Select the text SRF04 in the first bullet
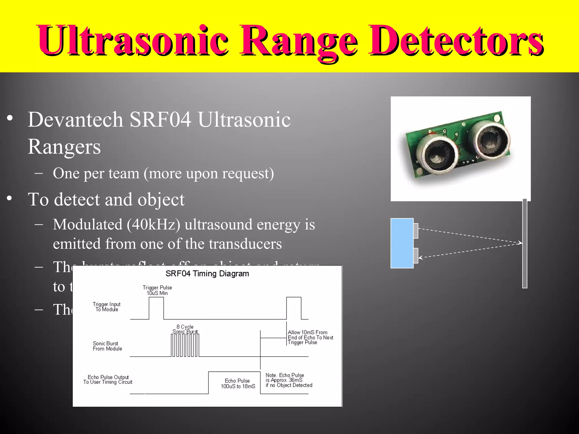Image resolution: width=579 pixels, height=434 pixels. [160, 120]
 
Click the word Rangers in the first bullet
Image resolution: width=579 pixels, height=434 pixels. [64, 147]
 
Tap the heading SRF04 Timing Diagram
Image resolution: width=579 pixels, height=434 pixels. [207, 274]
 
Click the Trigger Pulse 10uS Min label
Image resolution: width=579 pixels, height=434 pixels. [157, 290]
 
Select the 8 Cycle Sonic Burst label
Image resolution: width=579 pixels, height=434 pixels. [185, 329]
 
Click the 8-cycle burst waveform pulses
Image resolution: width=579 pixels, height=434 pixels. [185, 345]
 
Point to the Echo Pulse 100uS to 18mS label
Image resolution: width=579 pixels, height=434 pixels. [238, 383]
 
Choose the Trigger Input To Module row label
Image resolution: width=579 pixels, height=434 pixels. [107, 307]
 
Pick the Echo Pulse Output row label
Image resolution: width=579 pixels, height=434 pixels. [108, 379]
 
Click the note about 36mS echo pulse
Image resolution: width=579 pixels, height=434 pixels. [289, 380]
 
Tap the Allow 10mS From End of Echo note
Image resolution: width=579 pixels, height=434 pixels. [310, 337]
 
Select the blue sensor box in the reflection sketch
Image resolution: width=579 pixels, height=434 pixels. [402, 243]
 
